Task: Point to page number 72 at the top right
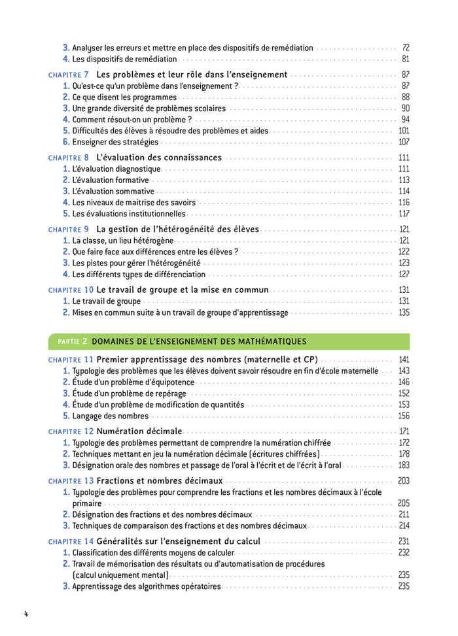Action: point(405,48)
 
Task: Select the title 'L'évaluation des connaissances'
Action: point(159,158)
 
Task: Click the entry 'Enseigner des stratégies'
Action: point(115,142)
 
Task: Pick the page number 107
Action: point(404,142)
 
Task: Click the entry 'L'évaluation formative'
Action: point(111,180)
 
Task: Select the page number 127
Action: point(404,275)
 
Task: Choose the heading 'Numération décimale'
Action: point(139,431)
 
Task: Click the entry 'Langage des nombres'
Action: point(110,416)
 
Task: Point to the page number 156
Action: point(404,416)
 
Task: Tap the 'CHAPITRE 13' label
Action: point(71,481)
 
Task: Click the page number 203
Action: point(404,481)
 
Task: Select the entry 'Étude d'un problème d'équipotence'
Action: point(133,382)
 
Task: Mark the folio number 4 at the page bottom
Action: point(26,614)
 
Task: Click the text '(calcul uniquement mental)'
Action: point(120,575)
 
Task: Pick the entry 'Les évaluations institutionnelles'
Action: point(129,214)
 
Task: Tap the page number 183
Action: point(404,465)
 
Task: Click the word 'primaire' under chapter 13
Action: point(87,503)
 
